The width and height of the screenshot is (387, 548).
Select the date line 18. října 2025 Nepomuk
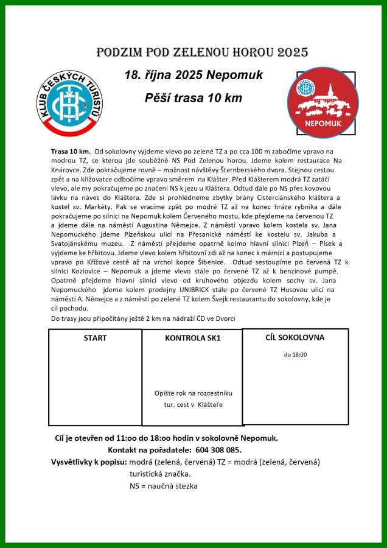pos(193,76)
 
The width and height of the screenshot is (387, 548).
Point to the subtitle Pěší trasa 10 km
pos(193,98)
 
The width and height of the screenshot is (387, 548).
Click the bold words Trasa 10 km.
pos(71,151)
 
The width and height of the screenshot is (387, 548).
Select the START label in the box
pos(95,338)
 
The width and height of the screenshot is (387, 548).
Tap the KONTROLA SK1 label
pos(192,339)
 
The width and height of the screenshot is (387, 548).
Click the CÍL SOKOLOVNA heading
pos(295,337)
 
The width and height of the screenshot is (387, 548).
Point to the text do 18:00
pos(295,354)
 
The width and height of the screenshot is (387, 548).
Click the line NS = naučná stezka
pos(163,486)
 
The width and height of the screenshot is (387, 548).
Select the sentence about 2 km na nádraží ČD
pos(143,318)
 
